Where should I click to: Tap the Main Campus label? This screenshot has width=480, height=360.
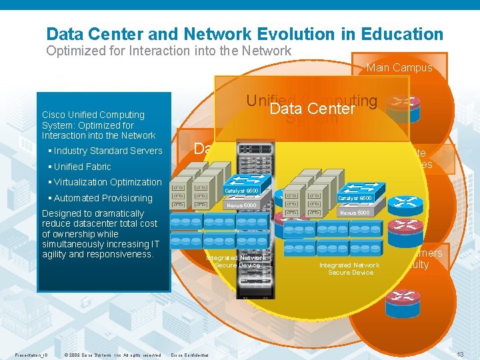click(399, 67)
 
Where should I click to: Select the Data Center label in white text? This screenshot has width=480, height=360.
click(313, 109)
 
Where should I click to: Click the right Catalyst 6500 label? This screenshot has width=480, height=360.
click(355, 198)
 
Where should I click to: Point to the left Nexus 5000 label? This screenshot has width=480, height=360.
click(241, 205)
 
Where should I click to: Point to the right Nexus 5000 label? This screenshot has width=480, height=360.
click(355, 213)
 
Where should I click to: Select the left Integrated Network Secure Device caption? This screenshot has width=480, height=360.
click(237, 261)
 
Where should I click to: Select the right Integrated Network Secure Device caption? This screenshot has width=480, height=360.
click(349, 269)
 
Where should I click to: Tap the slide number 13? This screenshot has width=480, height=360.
click(460, 354)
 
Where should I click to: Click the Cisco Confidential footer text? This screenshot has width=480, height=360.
click(190, 355)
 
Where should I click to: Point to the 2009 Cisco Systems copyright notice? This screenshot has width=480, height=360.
click(113, 355)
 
